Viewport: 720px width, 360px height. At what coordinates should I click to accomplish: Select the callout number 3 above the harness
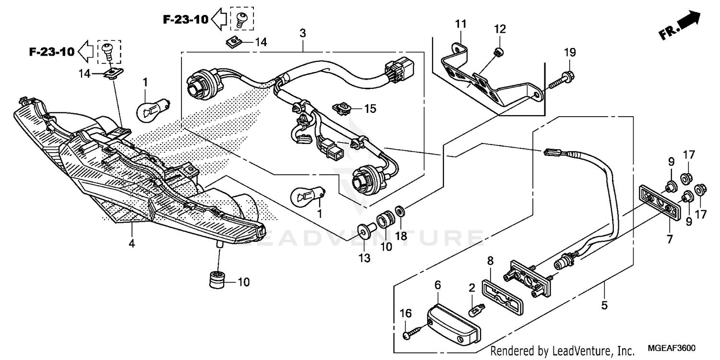click(302, 33)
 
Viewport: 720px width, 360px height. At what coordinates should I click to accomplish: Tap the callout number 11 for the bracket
click(461, 24)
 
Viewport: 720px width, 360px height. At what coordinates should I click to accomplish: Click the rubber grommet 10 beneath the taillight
click(218, 279)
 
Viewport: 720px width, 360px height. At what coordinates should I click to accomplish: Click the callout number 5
click(604, 305)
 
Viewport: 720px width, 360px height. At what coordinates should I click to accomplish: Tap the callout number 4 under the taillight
click(132, 243)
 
